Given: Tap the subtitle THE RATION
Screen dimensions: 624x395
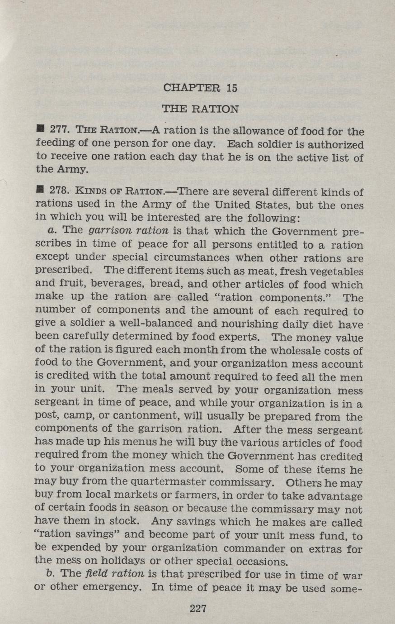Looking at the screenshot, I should tap(200, 109).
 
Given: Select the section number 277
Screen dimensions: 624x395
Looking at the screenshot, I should tap(59, 132).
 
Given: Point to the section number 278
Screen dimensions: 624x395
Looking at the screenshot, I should tap(59, 192).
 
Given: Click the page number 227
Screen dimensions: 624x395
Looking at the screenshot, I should tap(198, 608).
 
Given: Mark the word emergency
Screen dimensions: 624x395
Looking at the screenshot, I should tap(108, 587).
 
